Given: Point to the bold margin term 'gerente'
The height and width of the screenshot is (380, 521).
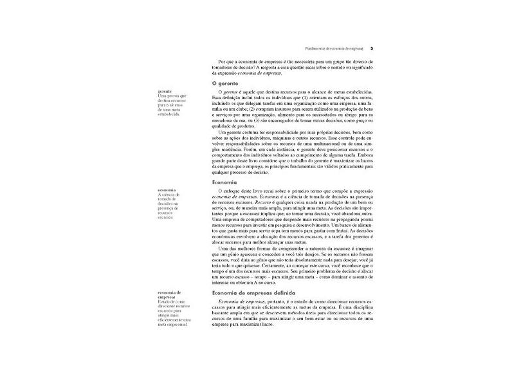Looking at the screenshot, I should click(x=164, y=91).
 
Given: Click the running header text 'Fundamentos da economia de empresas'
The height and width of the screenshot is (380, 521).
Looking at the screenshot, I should click(x=333, y=49).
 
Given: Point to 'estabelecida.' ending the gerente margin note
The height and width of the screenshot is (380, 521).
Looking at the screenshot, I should click(x=169, y=114).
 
